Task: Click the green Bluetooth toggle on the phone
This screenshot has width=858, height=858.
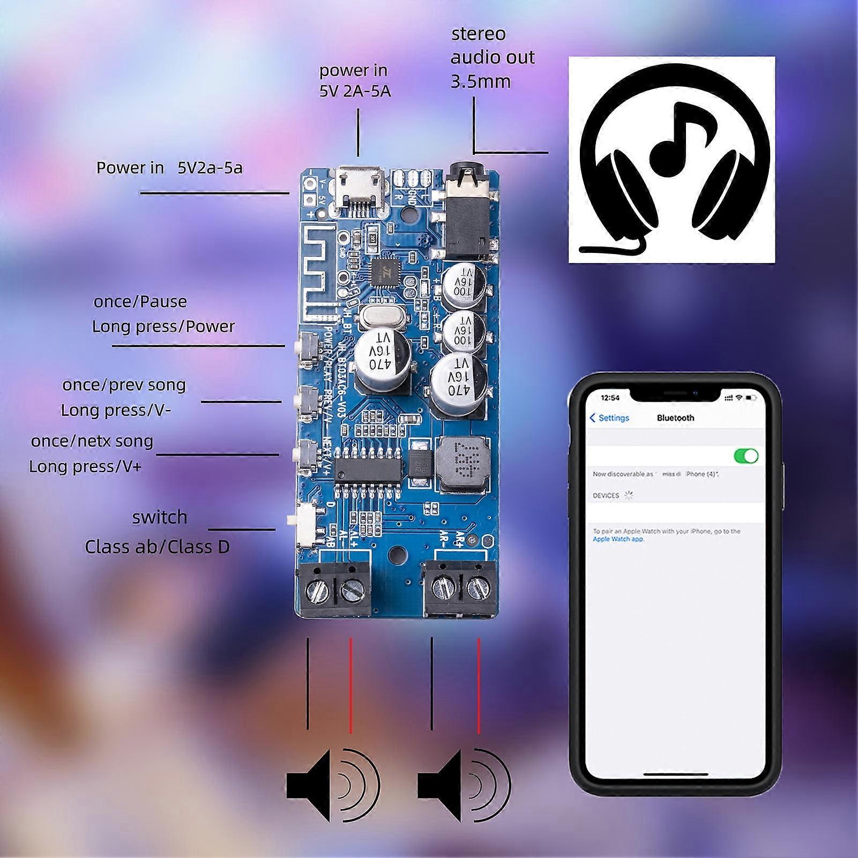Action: coord(745,456)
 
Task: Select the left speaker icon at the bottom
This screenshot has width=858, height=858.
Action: coord(332,785)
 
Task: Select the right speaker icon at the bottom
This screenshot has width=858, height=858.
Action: coord(464,785)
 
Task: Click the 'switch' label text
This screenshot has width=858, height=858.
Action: coord(160,518)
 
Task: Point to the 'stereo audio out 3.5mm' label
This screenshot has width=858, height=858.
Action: coord(492,57)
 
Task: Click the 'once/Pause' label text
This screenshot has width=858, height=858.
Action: coord(140,302)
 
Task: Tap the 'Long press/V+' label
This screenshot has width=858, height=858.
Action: coord(85,467)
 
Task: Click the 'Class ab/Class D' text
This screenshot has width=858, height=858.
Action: coord(157,547)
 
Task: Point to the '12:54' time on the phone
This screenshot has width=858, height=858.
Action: coord(610,398)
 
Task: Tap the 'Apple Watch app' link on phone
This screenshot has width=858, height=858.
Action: coord(617,539)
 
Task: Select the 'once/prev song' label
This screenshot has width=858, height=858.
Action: coord(124,385)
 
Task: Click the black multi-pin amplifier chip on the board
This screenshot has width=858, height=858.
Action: coord(368,470)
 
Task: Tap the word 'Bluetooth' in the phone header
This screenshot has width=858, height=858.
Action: coord(675,418)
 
